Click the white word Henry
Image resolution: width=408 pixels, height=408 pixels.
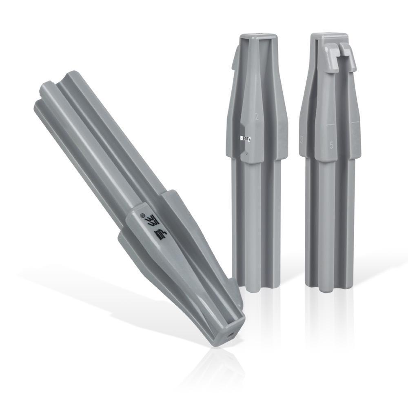(x=245, y=138)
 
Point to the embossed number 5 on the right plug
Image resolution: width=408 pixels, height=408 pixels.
(x=332, y=145)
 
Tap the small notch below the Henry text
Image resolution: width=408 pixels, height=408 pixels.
(x=244, y=155)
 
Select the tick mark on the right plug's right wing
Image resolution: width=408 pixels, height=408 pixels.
(x=355, y=122)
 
